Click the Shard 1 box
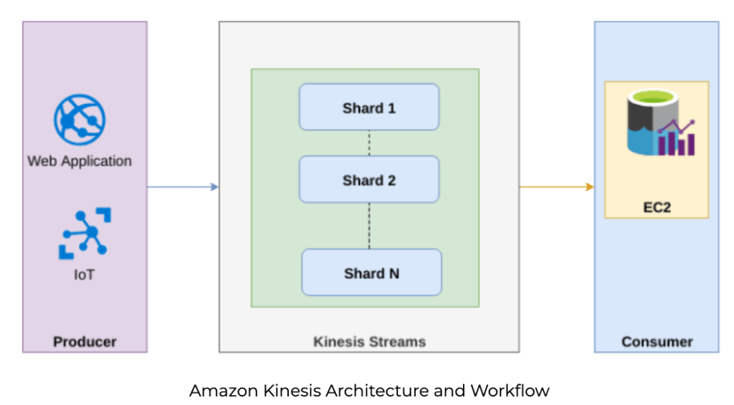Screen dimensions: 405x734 (x=368, y=108)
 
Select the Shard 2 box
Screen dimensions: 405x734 (x=368, y=179)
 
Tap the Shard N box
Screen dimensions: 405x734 (x=371, y=272)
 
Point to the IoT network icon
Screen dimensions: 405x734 (x=85, y=232)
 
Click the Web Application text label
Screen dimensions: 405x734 (x=80, y=161)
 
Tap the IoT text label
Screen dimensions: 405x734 (x=84, y=274)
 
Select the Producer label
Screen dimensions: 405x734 (x=85, y=341)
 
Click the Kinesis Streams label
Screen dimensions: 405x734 (x=369, y=341)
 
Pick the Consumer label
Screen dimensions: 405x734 (x=657, y=341)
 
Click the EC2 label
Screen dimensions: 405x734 (x=657, y=207)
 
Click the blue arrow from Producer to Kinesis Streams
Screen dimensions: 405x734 (x=183, y=187)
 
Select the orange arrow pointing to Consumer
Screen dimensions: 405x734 (x=557, y=187)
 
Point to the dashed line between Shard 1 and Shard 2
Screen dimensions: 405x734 (x=369, y=143)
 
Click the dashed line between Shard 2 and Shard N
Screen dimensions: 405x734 (x=369, y=226)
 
